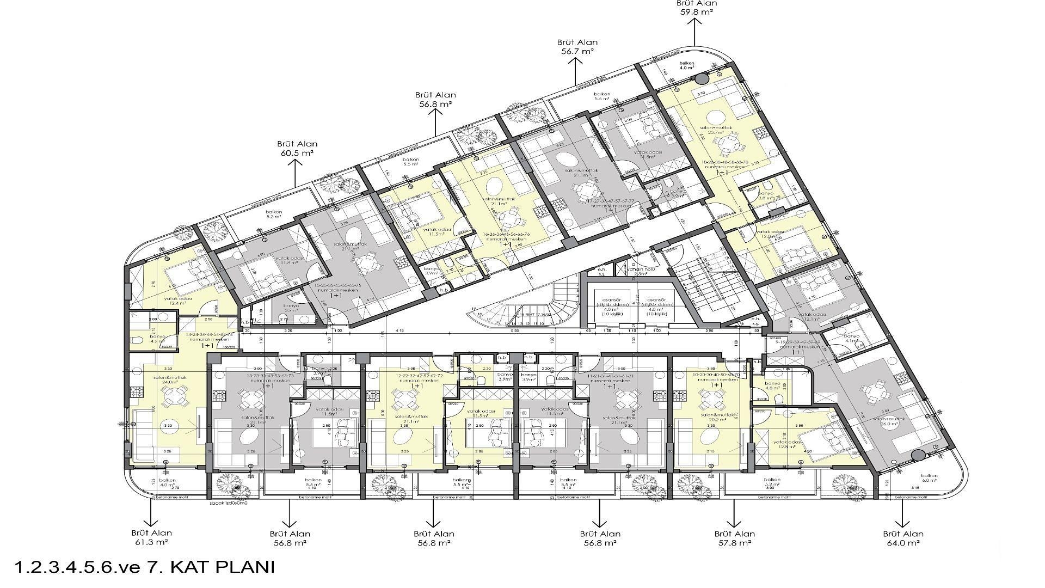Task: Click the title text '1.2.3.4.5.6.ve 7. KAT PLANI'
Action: click(144, 567)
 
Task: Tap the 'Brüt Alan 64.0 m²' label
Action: click(901, 538)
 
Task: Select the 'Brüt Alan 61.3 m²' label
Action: click(151, 538)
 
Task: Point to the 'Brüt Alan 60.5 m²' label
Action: click(297, 148)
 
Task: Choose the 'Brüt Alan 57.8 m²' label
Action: click(734, 538)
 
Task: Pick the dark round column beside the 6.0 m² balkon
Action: click(918, 456)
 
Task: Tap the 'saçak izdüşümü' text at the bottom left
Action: click(228, 504)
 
